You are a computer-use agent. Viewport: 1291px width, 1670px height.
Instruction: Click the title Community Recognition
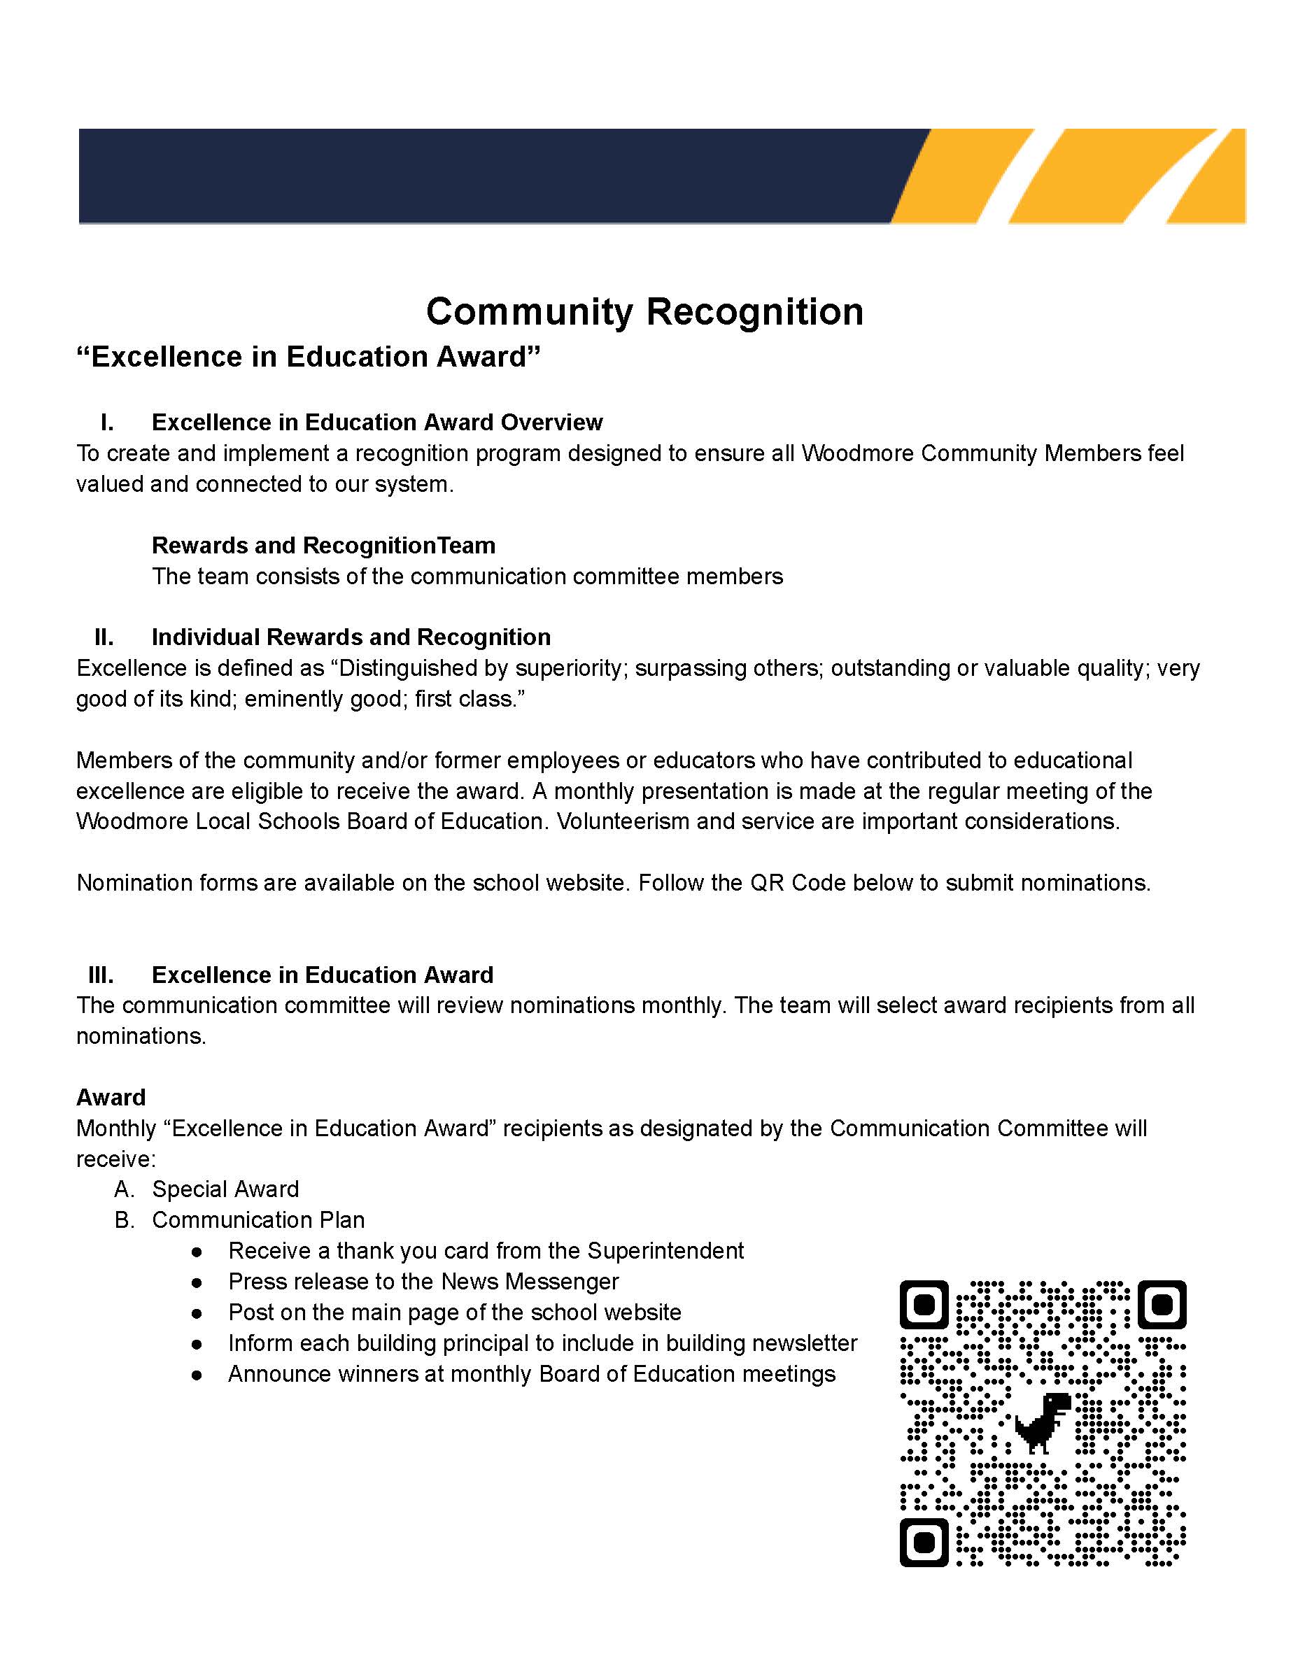coord(644,311)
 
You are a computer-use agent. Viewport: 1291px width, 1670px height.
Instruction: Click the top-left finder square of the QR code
coord(924,1303)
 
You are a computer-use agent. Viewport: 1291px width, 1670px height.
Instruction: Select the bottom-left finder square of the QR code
coord(924,1541)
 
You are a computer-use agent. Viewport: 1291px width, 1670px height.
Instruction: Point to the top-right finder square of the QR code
coord(1162,1303)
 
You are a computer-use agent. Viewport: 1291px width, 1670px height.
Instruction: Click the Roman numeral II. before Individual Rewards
coord(104,637)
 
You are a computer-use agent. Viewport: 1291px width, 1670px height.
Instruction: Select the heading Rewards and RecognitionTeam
coord(323,545)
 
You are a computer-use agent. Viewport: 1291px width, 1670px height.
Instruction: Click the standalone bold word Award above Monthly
coord(111,1097)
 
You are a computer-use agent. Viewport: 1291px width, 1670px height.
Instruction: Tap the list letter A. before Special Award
coord(124,1189)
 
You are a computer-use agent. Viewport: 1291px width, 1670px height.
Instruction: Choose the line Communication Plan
coord(258,1219)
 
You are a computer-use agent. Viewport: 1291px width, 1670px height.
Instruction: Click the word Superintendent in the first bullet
coord(665,1250)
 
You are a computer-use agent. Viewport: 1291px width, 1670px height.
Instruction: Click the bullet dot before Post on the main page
coord(197,1313)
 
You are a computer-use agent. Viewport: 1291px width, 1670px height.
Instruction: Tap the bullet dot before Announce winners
coord(197,1374)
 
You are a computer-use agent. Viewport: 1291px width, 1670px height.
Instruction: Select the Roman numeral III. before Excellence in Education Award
coord(101,975)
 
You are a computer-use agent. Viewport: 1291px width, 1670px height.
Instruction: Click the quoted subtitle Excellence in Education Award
coord(308,357)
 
